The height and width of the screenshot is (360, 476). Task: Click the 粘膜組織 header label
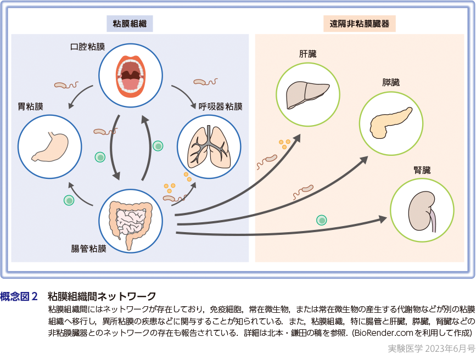130,24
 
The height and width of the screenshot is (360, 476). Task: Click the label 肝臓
307,54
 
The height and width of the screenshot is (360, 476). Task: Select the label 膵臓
391,82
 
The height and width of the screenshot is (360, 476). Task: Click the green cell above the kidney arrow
321,221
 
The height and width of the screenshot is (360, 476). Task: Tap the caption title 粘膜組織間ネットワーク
102,297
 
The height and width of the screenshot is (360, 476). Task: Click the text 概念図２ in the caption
20,297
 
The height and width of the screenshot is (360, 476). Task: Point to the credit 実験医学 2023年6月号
431,347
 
